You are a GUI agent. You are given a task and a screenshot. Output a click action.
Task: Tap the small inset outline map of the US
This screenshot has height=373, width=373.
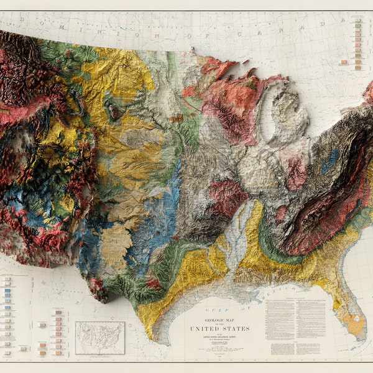pyautogui.click(x=99, y=338)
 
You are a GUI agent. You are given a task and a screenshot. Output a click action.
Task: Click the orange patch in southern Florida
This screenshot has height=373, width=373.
pyautogui.click(x=354, y=324)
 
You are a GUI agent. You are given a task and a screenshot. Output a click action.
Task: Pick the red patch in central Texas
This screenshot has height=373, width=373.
pyautogui.click(x=153, y=283)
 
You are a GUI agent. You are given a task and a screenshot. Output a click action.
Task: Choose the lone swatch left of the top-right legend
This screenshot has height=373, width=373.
pyautogui.click(x=343, y=62)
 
